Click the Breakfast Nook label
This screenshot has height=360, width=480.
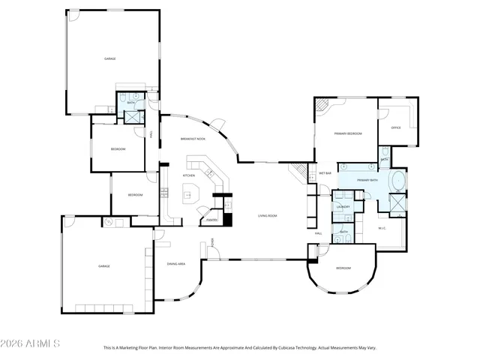[x=193, y=139]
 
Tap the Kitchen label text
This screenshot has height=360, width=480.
[x=189, y=175]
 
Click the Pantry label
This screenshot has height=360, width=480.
[x=212, y=220]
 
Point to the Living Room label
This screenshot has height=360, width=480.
[x=268, y=215]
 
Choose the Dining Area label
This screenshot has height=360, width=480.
[x=176, y=264]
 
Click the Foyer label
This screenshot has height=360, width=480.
[x=214, y=241]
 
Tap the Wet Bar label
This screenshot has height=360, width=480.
[x=325, y=173]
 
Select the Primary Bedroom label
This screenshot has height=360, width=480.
[x=348, y=133]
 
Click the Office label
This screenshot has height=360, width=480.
[x=396, y=127]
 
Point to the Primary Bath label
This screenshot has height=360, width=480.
[x=367, y=181]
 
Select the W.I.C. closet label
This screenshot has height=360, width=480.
[x=382, y=227]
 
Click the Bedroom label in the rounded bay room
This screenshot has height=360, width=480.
[x=343, y=268]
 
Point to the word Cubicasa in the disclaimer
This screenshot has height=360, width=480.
[x=292, y=348]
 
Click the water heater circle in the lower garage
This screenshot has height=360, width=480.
[x=108, y=222]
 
